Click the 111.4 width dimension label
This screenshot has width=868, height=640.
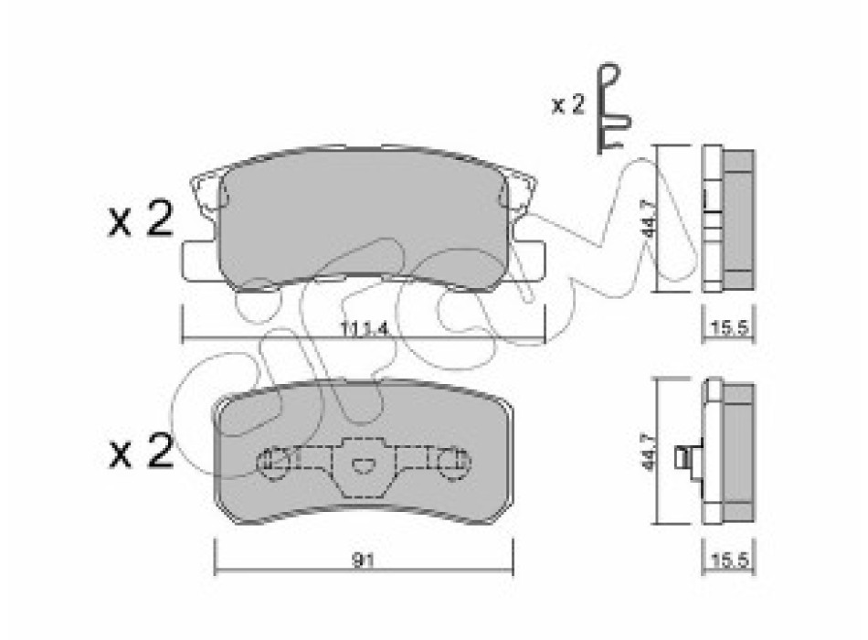(363, 329)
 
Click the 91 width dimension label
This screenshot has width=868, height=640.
(363, 561)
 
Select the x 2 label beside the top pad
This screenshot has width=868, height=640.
(141, 219)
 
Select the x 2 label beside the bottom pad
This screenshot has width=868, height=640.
(141, 451)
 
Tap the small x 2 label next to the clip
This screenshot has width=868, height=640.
(568, 104)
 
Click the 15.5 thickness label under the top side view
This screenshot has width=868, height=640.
(730, 328)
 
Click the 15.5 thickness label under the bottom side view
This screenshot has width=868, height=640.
(730, 560)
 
